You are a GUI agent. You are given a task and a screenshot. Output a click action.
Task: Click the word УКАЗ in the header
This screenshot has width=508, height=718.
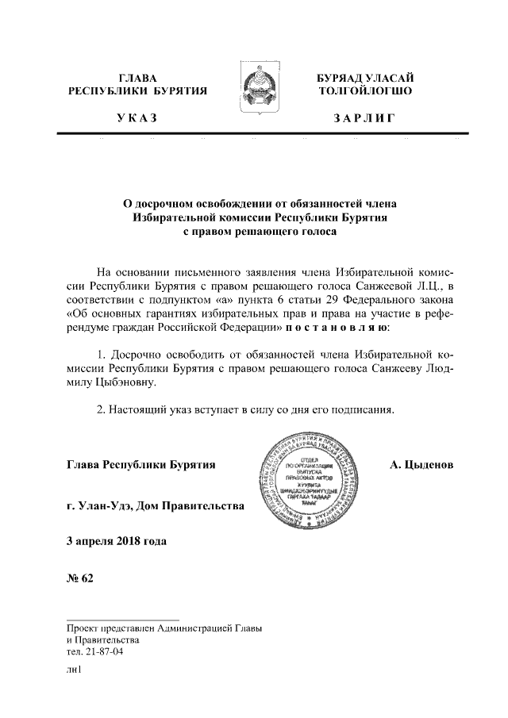click(x=136, y=119)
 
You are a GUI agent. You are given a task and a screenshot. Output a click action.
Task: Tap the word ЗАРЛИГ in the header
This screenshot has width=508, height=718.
click(x=364, y=119)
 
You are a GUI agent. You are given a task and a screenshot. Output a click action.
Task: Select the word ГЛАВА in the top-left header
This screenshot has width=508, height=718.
click(x=137, y=78)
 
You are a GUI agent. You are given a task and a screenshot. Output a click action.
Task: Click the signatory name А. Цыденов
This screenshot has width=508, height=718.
click(x=421, y=463)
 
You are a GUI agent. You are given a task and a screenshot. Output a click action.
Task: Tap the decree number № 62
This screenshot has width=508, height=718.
click(x=80, y=577)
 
